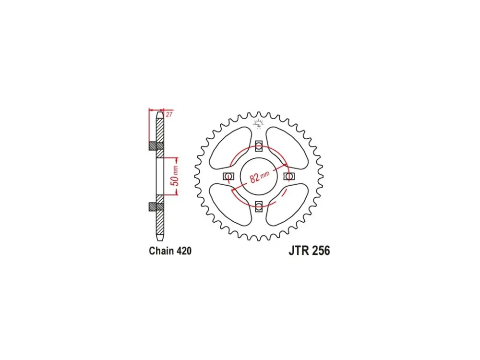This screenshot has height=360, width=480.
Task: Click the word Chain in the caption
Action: point(161,251)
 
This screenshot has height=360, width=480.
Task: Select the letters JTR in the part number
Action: point(299,251)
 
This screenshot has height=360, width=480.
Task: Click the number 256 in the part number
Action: point(321,251)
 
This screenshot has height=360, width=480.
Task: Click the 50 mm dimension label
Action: point(175,176)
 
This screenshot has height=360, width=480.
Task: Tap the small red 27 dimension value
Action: point(169,115)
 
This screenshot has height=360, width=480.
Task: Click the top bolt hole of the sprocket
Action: point(259,146)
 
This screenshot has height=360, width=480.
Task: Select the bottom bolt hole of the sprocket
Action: point(259,206)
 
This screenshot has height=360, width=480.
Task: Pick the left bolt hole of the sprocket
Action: point(228,176)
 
